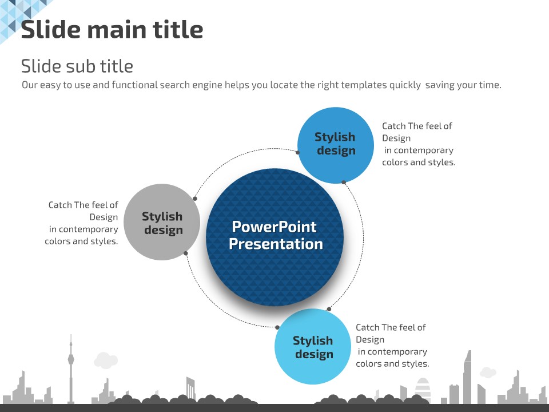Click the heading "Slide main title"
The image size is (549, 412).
tap(112, 29)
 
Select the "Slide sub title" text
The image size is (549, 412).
tap(77, 66)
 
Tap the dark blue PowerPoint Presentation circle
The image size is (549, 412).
tap(275, 237)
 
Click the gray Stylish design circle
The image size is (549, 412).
tap(162, 222)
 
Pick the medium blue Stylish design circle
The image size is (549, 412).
tap(336, 145)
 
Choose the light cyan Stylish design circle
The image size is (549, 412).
tap(313, 347)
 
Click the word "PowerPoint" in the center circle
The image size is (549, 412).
tap(274, 227)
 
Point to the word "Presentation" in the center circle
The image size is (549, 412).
tap(276, 244)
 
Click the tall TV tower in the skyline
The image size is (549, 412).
tap(71, 369)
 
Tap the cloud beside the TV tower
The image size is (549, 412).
tap(106, 360)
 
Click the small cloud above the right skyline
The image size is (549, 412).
tap(488, 372)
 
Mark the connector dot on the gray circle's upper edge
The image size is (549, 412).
tap(195, 199)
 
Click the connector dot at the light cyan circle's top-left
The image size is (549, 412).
tap(277, 327)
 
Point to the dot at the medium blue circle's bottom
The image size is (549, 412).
tap(344, 182)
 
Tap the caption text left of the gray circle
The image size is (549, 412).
tap(82, 223)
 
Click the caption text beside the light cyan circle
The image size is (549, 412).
tap(392, 346)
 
